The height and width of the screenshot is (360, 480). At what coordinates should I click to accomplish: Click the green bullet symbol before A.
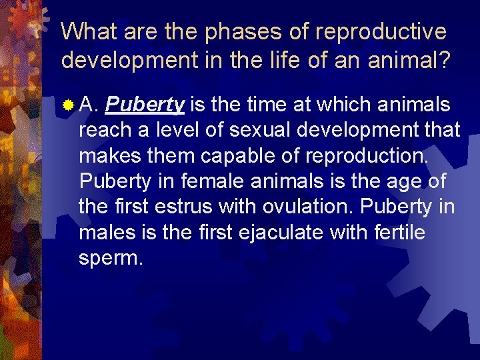coord(68,105)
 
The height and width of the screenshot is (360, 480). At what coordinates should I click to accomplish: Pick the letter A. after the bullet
coord(89,105)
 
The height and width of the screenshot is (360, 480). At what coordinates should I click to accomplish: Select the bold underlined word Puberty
coord(145,105)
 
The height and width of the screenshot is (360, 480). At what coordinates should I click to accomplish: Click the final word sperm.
coord(111,257)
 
